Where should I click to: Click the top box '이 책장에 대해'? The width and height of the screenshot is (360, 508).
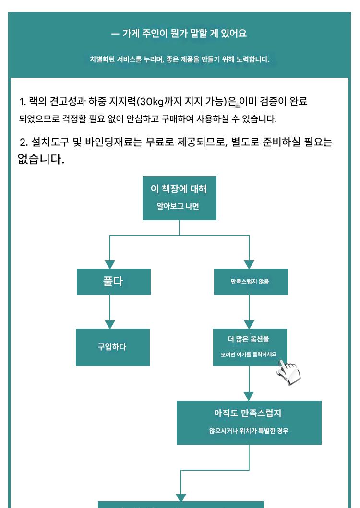coord(179,198)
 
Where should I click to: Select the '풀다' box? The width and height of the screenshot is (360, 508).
coord(113,282)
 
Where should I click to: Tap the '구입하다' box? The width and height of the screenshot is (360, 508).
coord(113,347)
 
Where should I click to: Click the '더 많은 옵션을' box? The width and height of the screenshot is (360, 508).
coord(250,347)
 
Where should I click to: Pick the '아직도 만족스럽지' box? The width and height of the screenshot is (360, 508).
coord(249,422)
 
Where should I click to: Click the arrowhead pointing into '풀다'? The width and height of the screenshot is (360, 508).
coord(110,264)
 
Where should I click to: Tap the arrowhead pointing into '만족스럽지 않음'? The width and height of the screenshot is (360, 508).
coord(249,264)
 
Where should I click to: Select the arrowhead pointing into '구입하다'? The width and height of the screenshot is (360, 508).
coord(110,324)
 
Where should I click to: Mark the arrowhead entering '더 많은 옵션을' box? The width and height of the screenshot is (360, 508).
coord(249,324)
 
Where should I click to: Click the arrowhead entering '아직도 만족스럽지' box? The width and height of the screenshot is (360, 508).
coord(249,396)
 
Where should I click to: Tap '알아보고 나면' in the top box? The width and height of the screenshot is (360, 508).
coord(179,206)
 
